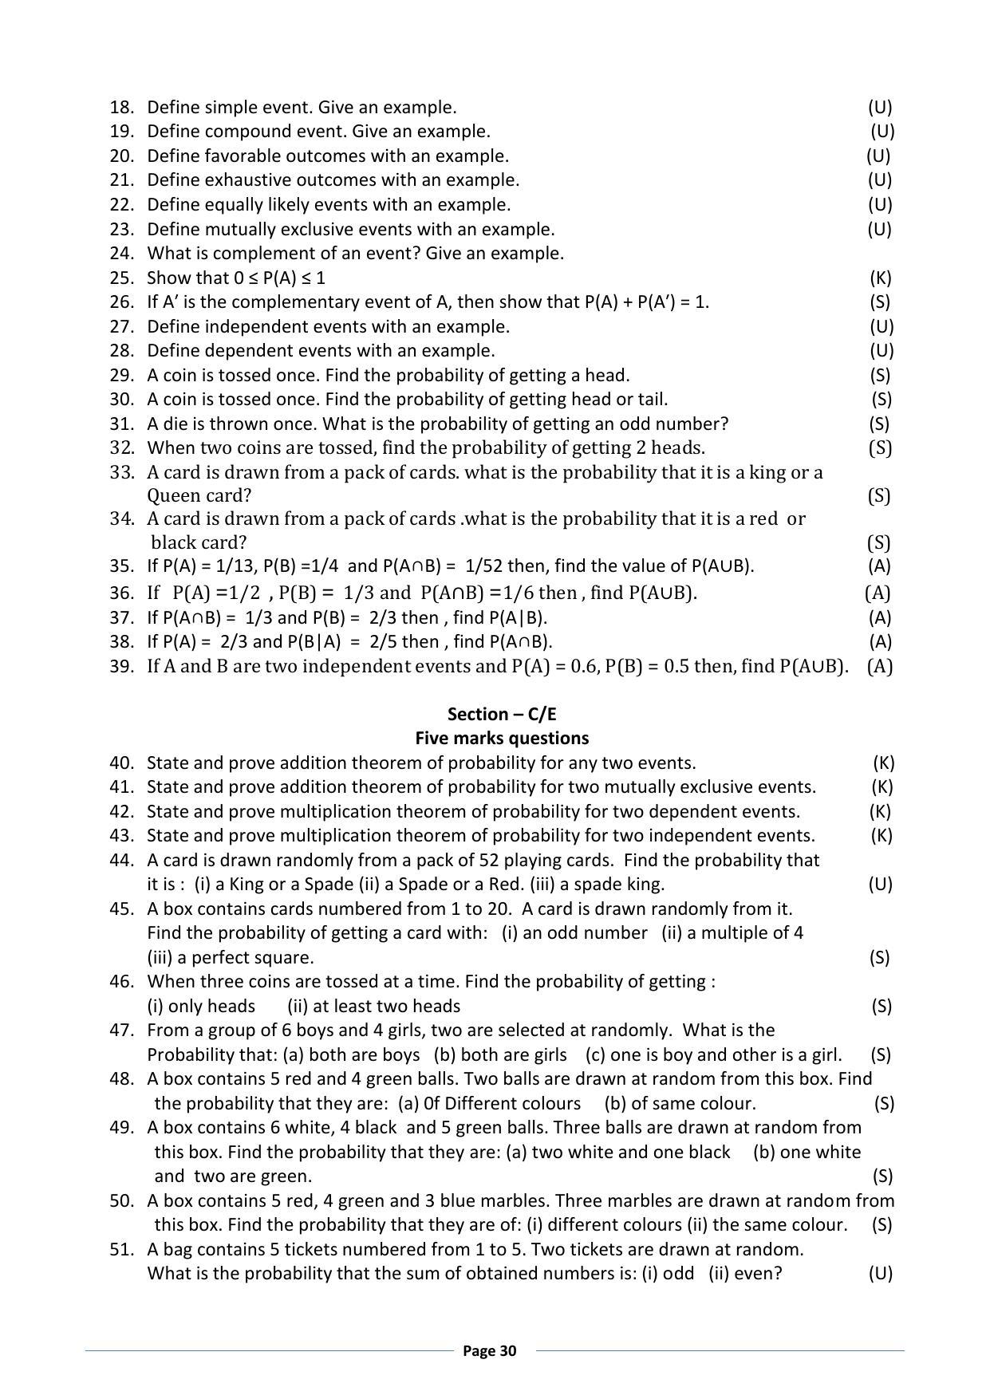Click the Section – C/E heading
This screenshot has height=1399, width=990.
[502, 714]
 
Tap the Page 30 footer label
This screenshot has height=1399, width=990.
[490, 1350]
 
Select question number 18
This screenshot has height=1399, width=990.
[122, 107]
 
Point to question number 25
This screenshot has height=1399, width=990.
[122, 278]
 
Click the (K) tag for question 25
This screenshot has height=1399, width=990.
[881, 278]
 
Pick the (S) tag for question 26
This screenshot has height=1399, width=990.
[881, 301]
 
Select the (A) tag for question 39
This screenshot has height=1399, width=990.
[879, 666]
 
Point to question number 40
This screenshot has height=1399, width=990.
[122, 763]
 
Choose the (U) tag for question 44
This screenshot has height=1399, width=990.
[880, 884]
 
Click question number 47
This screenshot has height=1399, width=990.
[122, 1030]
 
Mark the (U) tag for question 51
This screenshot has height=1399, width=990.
[880, 1273]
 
